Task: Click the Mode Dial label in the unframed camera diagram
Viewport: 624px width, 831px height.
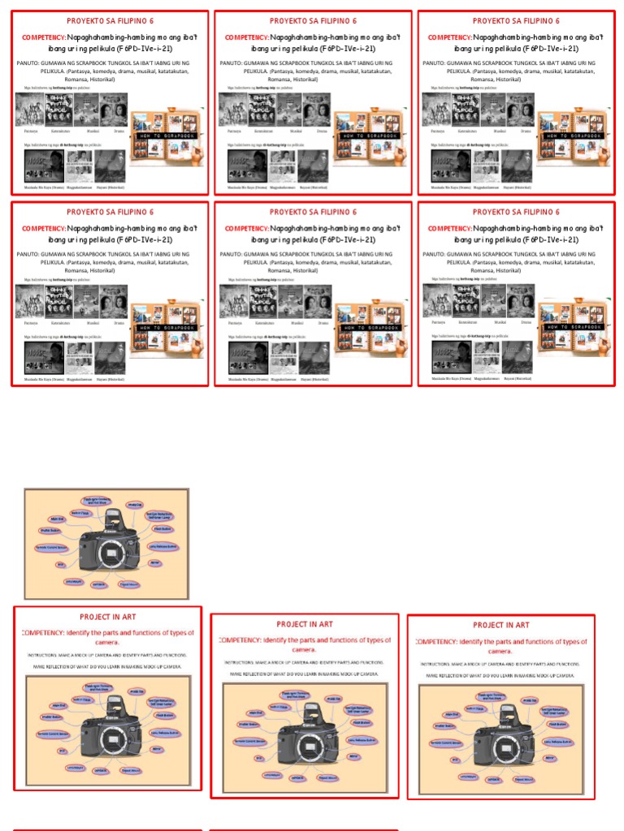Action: tap(134, 506)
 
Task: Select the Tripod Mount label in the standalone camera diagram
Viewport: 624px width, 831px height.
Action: tap(129, 584)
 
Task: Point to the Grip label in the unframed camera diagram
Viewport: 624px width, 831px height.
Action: tap(61, 564)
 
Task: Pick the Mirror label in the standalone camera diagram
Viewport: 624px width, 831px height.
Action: tap(154, 562)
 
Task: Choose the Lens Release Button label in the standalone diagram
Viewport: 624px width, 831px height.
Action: tap(164, 547)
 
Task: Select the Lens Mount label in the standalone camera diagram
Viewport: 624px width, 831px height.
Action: tap(74, 580)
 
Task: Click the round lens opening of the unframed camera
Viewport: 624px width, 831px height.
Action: tap(112, 554)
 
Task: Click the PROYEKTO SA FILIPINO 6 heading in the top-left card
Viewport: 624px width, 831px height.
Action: tap(110, 20)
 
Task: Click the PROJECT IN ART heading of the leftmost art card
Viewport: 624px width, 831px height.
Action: tap(108, 618)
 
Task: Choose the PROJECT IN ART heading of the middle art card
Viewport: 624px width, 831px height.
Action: tap(305, 624)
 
